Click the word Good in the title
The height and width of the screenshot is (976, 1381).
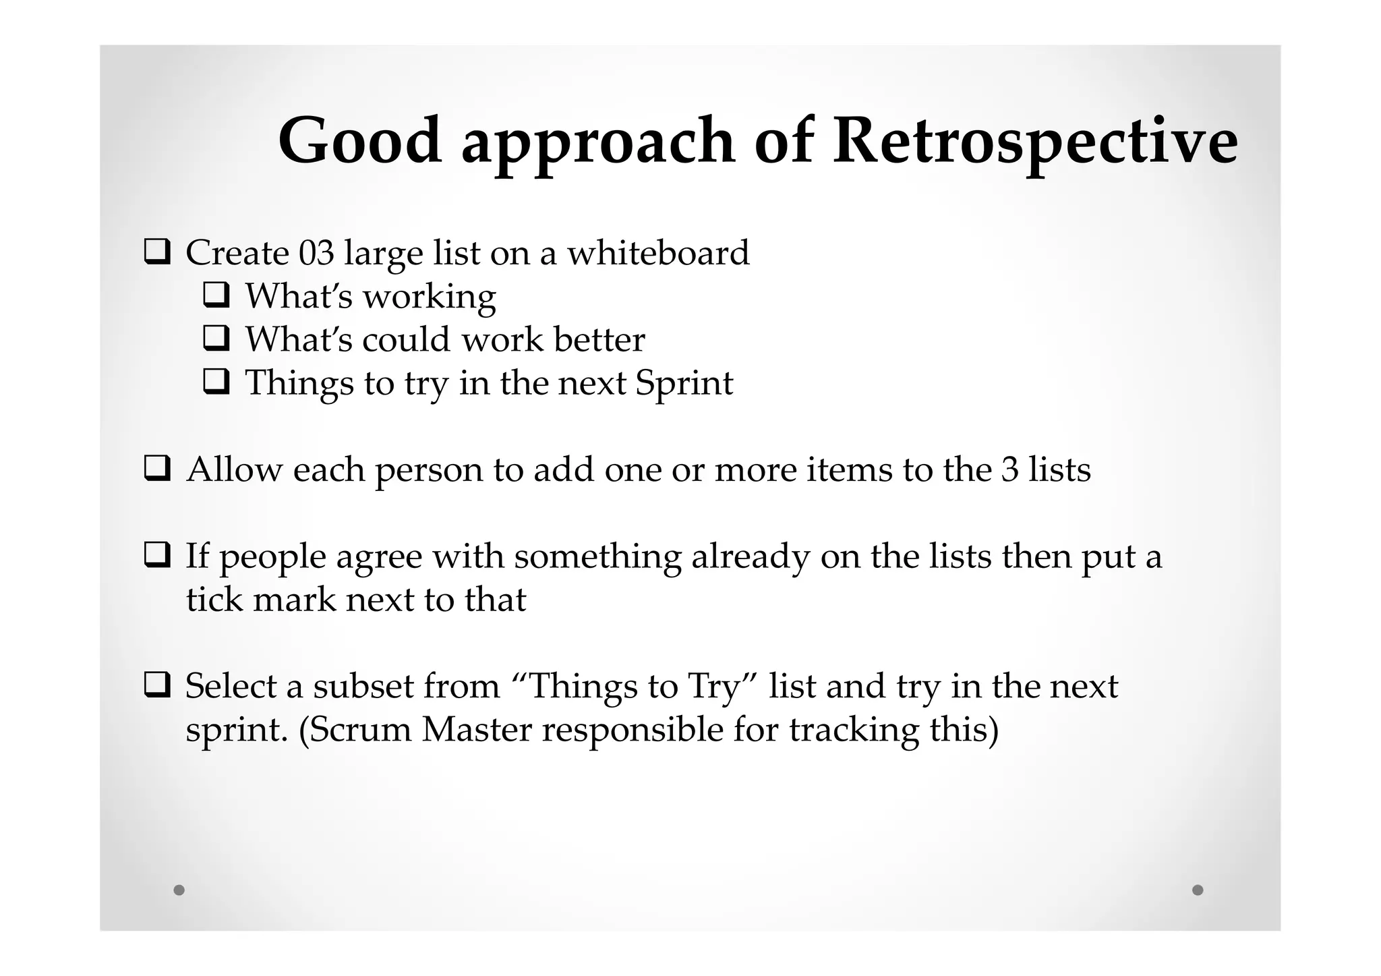(360, 141)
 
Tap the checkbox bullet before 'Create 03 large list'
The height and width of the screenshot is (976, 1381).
(156, 252)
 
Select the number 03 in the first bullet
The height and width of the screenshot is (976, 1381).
(316, 253)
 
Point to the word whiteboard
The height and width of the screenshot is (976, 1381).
(657, 253)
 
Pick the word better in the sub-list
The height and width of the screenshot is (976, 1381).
(599, 339)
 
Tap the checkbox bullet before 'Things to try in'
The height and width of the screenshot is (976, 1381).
(216, 382)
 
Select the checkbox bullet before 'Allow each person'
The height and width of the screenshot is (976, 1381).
(156, 468)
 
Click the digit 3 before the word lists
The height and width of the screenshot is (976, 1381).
(1009, 469)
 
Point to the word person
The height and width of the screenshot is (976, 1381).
(428, 471)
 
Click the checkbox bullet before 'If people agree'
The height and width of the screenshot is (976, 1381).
(156, 555)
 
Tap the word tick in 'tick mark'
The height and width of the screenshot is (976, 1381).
(214, 600)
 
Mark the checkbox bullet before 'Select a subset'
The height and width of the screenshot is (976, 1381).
(156, 685)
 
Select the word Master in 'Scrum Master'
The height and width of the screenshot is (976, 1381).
(477, 730)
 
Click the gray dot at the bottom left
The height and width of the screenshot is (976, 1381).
(179, 890)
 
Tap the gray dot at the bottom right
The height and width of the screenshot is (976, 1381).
(1198, 890)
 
